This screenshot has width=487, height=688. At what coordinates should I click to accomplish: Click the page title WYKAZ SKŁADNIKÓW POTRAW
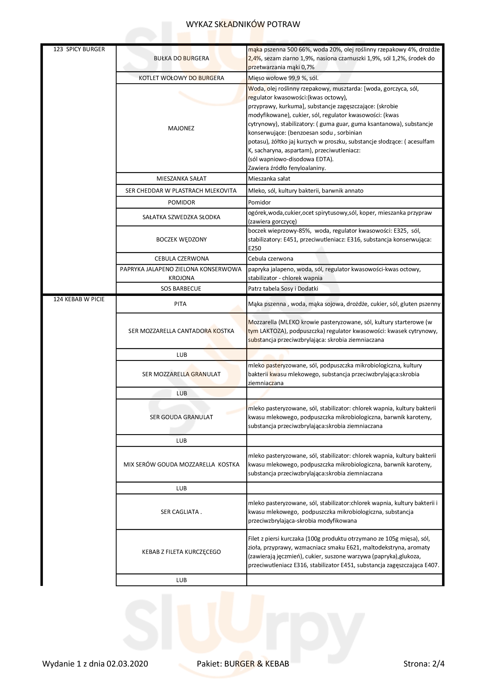tap(243, 24)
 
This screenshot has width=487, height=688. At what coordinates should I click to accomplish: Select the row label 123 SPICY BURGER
tap(79, 49)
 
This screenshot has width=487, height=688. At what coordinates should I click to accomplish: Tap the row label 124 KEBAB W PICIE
tap(79, 299)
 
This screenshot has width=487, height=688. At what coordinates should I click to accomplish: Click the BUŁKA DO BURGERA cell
tap(181, 59)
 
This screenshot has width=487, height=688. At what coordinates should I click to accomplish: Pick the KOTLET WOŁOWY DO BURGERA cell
tap(181, 78)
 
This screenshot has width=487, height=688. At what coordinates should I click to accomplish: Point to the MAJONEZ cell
tap(181, 128)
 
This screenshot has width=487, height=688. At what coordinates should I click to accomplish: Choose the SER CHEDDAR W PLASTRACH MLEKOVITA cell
tap(181, 191)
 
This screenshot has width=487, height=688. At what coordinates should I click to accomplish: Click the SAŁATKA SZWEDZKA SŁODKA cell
tap(181, 217)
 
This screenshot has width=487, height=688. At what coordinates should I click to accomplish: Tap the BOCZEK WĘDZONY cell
tap(181, 239)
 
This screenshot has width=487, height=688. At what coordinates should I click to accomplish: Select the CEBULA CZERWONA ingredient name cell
tap(181, 259)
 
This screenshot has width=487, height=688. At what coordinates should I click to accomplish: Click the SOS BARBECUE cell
tap(181, 289)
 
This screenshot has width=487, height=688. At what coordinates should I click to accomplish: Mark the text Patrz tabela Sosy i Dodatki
tap(283, 289)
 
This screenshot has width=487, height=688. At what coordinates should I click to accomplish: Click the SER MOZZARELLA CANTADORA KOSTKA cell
tap(181, 331)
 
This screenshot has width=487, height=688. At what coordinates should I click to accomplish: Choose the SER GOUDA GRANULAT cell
tap(181, 417)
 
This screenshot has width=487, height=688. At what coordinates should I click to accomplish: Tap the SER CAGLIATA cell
tap(181, 512)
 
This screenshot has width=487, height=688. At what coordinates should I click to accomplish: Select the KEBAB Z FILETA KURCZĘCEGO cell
tap(181, 552)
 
